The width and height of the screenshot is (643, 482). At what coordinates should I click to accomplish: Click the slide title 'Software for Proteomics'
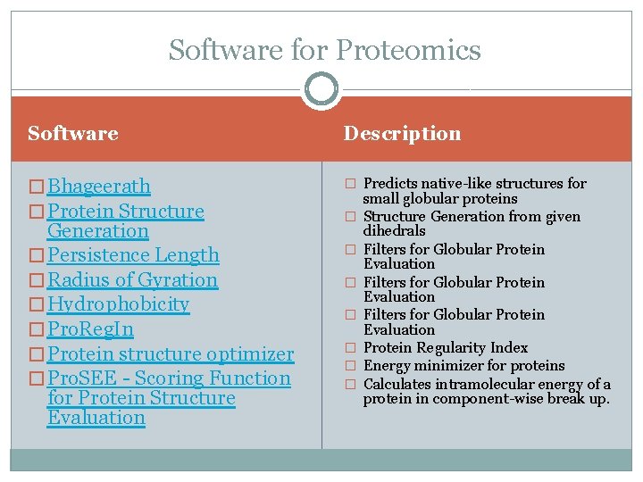324,50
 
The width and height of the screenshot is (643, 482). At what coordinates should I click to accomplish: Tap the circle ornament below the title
321,89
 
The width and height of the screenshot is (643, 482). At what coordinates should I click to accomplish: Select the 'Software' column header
73,134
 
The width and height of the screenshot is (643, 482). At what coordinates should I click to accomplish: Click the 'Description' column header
403,134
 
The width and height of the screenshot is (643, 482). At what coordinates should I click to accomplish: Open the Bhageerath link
98,187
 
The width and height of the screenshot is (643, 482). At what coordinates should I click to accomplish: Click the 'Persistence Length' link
133,255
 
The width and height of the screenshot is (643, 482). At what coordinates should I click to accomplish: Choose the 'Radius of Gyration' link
132,280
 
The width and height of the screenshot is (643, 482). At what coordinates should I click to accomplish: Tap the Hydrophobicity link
118,304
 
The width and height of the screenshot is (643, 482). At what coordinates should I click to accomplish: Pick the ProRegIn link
90,329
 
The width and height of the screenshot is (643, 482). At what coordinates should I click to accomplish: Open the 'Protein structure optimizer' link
170,354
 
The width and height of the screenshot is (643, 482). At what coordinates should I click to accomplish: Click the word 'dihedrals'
395,231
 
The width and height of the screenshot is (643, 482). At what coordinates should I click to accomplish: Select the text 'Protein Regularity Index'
446,348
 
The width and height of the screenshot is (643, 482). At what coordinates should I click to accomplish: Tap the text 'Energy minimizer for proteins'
463,366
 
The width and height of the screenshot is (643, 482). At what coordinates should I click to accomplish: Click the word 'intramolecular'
491,385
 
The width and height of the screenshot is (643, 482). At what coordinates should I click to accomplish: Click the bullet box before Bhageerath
37,187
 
